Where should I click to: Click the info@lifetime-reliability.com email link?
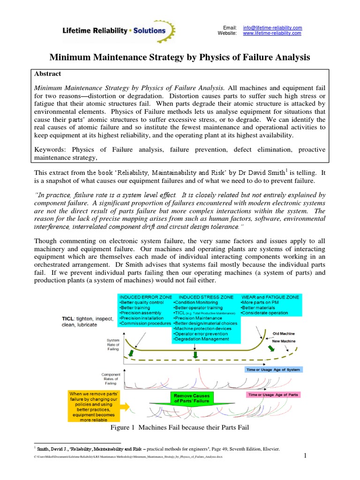point(272,28)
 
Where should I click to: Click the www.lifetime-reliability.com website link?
point(272,33)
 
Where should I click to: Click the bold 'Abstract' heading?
point(48,74)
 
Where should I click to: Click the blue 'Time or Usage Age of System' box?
point(274,369)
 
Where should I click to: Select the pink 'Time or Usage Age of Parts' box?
point(272,395)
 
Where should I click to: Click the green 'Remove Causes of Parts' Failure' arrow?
point(195,399)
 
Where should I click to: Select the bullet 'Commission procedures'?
point(145,323)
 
